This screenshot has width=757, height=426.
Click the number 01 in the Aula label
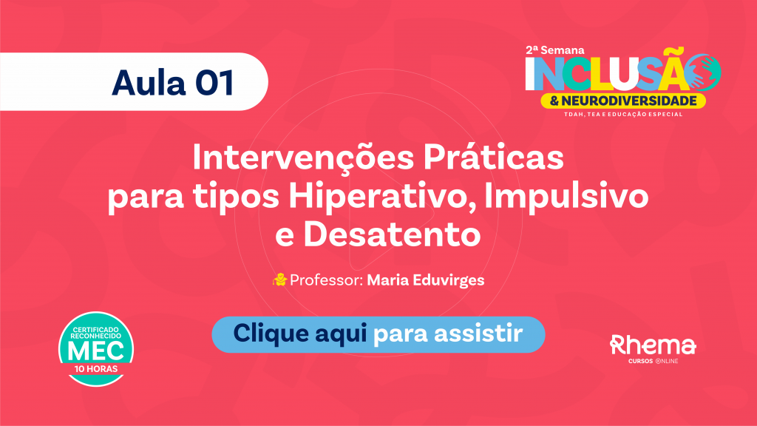(x=214, y=83)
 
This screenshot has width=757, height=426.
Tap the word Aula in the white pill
(x=149, y=82)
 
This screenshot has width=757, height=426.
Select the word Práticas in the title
(x=494, y=156)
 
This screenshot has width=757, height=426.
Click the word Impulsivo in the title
(x=566, y=197)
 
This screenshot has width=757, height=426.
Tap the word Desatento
(x=392, y=234)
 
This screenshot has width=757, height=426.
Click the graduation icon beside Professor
(x=279, y=280)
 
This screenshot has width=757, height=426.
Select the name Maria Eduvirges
(x=425, y=280)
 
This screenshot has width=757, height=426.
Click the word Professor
(x=326, y=280)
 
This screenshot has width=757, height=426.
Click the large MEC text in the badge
(x=95, y=351)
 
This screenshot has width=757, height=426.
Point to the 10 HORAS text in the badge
(x=95, y=369)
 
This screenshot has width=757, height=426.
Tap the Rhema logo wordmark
(x=653, y=345)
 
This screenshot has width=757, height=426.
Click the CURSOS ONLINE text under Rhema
(x=654, y=361)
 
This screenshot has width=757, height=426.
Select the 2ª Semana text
(x=555, y=50)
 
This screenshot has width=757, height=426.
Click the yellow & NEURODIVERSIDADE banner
(x=623, y=101)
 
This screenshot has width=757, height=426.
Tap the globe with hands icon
(x=704, y=72)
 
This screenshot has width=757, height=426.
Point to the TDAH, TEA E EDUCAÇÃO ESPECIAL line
(x=623, y=115)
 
